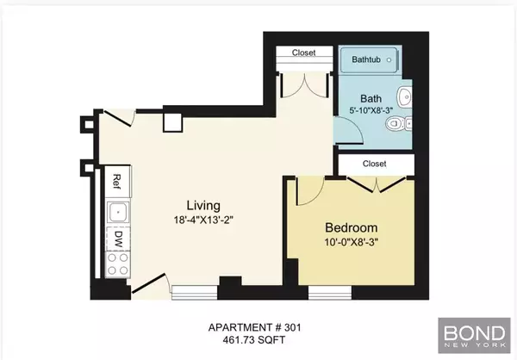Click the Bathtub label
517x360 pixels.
371,60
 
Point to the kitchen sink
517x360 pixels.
116,211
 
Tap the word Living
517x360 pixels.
204,205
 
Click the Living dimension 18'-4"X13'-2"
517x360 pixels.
204,220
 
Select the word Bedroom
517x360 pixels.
352,227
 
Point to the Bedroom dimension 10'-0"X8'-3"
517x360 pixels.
352,242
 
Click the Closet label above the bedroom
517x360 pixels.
374,163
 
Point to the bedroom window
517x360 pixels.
327,292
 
